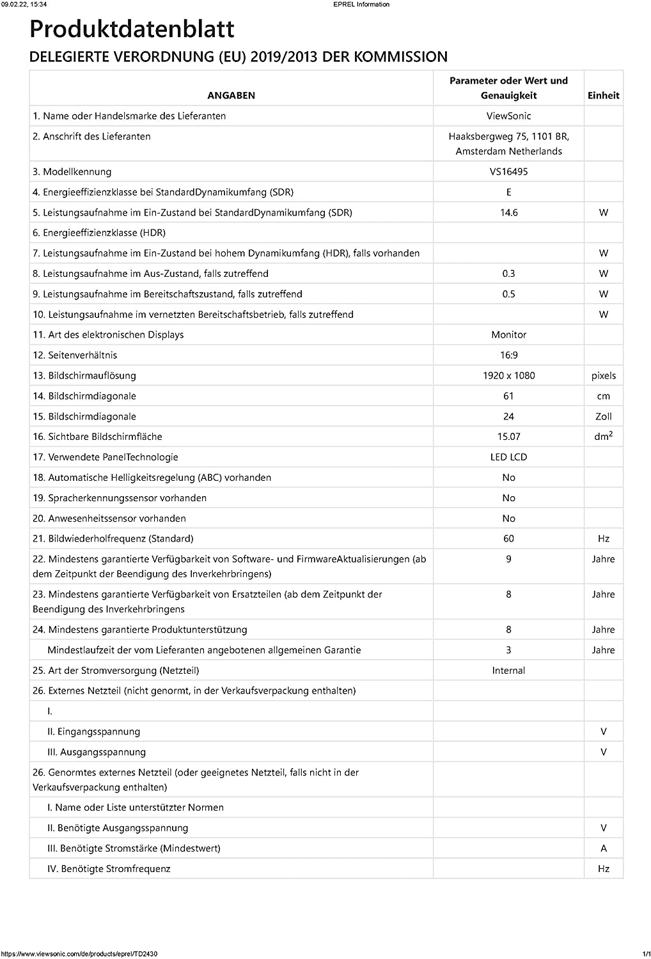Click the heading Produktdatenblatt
(132, 29)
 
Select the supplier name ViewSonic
(508, 116)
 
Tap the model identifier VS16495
(508, 171)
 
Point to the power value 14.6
(508, 212)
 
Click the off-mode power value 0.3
(508, 274)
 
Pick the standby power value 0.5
(508, 294)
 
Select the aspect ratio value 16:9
(508, 355)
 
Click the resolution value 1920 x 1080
(508, 375)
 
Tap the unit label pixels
(603, 375)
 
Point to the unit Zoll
(603, 416)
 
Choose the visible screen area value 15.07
(508, 437)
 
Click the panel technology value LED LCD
(508, 457)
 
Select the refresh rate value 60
(508, 538)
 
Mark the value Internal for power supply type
(508, 670)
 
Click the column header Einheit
(603, 95)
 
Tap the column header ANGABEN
(231, 95)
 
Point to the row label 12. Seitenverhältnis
(75, 355)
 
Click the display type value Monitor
(508, 334)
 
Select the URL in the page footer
(79, 954)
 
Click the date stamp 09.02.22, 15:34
(24, 4)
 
